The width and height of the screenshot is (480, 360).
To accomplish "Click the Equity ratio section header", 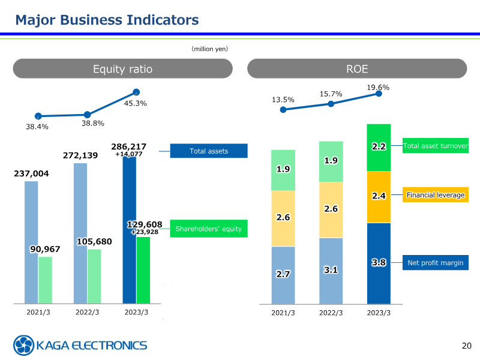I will tap(122, 69).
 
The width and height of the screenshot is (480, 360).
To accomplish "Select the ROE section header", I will tap(357, 69).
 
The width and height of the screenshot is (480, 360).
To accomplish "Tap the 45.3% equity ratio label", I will tap(136, 103).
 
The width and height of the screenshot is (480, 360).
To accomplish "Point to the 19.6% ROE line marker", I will tap(379, 94).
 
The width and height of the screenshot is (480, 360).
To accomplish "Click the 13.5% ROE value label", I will tap(283, 100).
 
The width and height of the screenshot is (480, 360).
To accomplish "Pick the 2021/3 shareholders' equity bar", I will tap(45, 280).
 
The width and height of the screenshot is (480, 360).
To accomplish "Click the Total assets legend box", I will tap(209, 151).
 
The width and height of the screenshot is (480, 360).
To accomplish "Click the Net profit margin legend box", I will tap(436, 263).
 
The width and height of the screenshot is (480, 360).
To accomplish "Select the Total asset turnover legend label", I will tap(436, 146).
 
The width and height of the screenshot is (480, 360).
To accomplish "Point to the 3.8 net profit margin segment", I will tap(379, 263).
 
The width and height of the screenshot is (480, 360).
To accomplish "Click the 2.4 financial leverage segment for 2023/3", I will tap(379, 196).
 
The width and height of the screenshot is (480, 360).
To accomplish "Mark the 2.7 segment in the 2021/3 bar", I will tap(283, 274).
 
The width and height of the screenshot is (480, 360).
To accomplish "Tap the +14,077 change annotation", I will tap(128, 154).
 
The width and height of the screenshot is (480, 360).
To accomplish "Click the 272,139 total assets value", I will tap(80, 155).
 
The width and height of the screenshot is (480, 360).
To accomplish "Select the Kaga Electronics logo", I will tap(80, 345).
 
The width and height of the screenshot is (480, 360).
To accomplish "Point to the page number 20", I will tap(467, 345).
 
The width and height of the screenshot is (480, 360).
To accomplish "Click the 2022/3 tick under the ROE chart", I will tap(331, 313).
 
